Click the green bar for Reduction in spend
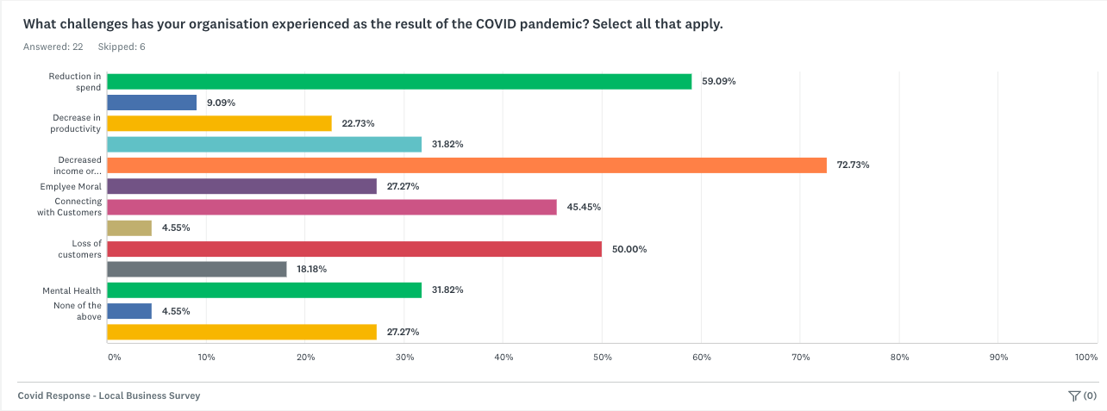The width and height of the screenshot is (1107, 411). (399, 82)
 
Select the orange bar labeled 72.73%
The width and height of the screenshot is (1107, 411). (466, 165)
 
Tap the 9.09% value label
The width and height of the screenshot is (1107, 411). (221, 103)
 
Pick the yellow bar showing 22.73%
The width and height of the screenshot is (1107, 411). (219, 123)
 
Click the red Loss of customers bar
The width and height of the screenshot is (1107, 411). (354, 249)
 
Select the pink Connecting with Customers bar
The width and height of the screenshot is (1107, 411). (332, 207)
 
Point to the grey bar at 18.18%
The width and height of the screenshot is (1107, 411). (197, 270)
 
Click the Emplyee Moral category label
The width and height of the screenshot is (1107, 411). (71, 186)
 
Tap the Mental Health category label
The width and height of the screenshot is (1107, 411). (72, 290)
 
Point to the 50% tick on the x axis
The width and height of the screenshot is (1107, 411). (602, 357)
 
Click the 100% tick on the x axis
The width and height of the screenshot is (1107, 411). (1085, 357)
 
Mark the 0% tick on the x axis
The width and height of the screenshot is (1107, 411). (114, 357)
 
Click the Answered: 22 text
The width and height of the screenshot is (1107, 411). (53, 47)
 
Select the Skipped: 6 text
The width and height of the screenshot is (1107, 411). (122, 47)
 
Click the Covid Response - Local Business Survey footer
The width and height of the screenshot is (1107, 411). (109, 395)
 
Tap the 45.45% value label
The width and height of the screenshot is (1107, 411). (584, 207)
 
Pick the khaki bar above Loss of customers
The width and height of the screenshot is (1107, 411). (129, 228)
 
